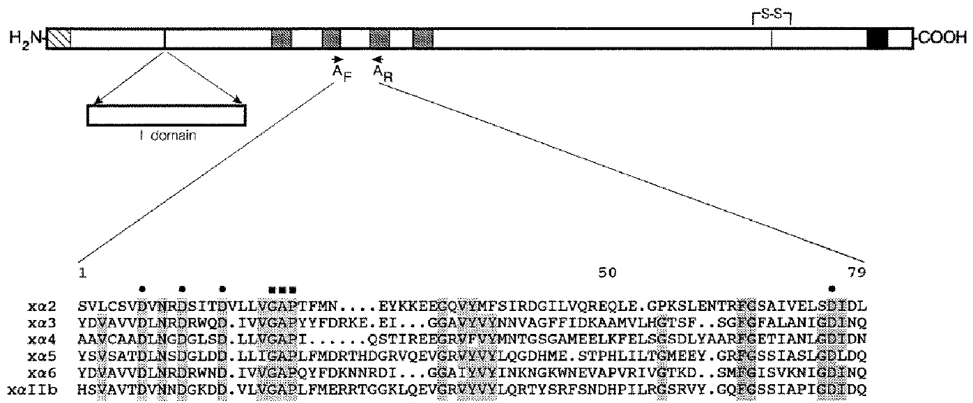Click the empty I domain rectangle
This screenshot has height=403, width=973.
(x=166, y=115)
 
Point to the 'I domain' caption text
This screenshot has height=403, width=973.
(x=166, y=136)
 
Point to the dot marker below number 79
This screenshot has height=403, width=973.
(x=832, y=288)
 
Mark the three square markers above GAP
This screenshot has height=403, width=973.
(x=282, y=288)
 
